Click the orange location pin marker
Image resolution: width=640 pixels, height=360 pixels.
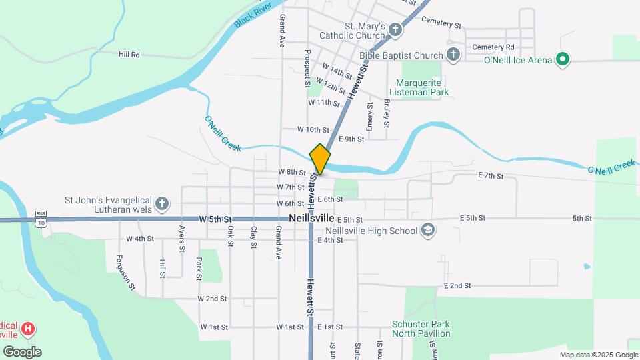click(320, 159)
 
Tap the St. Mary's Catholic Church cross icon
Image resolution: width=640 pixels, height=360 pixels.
click(395, 30)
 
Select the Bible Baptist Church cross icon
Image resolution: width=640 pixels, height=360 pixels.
click(453, 55)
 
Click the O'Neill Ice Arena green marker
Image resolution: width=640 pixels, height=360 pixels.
click(562, 60)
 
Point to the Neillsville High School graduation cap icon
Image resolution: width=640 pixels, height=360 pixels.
click(427, 231)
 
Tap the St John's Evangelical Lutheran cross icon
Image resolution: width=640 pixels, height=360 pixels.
click(161, 204)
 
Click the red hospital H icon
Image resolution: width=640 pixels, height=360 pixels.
click(27, 329)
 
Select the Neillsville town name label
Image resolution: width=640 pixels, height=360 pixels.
click(311, 218)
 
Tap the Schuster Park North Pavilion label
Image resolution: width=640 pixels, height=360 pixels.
click(421, 328)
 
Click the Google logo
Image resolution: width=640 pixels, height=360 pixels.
click(21, 352)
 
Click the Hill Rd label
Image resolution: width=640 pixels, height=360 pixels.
click(129, 54)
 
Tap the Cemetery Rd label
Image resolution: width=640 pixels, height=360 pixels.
click(493, 47)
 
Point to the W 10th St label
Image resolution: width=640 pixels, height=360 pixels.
click(313, 129)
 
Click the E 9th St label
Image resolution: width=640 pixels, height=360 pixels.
click(351, 139)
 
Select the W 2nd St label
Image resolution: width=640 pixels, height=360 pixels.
click(212, 299)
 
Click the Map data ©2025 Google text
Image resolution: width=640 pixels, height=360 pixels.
click(598, 355)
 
